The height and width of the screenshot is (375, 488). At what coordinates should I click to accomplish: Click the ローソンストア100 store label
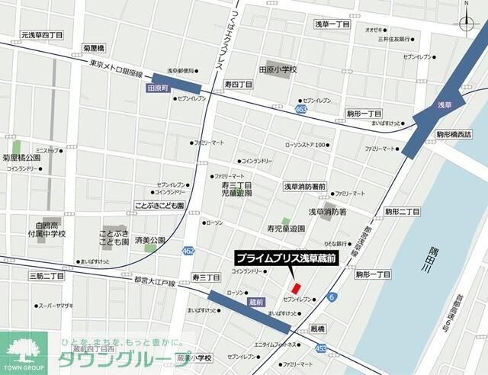(305, 145)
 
